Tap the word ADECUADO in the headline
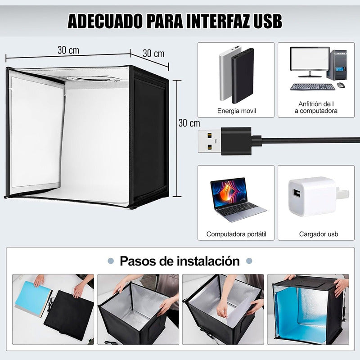click(x=105, y=21)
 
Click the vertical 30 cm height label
click(x=189, y=123)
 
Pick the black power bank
click(x=243, y=76)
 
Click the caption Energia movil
click(x=237, y=111)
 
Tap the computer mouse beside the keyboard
click(x=342, y=85)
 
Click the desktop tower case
click(x=337, y=65)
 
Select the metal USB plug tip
click(x=210, y=141)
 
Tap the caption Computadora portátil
click(x=236, y=234)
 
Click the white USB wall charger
click(x=317, y=196)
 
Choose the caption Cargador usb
click(x=319, y=234)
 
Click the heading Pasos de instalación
click(x=180, y=261)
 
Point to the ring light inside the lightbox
click(x=94, y=78)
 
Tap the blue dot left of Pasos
click(x=111, y=261)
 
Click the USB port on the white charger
click(x=297, y=193)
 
